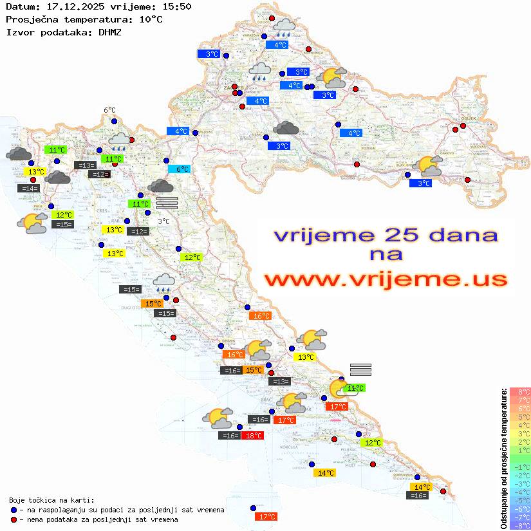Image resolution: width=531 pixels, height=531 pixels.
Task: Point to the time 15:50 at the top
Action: coord(176,7)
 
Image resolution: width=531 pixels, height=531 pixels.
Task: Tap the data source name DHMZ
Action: coord(110,32)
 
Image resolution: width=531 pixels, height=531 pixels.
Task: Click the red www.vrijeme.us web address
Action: coord(386,279)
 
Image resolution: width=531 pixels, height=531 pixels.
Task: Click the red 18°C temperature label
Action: coord(252,436)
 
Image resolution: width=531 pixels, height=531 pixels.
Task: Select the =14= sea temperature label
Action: coord(29,189)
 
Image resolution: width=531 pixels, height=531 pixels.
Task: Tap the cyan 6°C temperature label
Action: coord(179,169)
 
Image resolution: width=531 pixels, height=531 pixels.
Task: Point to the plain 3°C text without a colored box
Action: coord(163,221)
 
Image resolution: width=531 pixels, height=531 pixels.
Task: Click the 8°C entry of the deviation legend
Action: coord(519,392)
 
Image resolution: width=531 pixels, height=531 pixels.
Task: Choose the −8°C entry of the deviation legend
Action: coord(519,526)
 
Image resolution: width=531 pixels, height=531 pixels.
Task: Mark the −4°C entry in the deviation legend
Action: coord(519,492)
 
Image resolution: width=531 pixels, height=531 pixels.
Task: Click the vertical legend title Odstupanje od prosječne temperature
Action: coord(503,458)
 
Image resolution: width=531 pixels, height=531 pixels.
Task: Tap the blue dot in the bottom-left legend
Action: coord(14,510)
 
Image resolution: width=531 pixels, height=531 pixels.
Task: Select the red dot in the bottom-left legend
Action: coord(14,519)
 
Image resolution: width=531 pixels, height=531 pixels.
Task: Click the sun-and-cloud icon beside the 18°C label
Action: coord(218,418)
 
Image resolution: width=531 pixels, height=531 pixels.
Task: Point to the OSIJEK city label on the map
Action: coord(467,119)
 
